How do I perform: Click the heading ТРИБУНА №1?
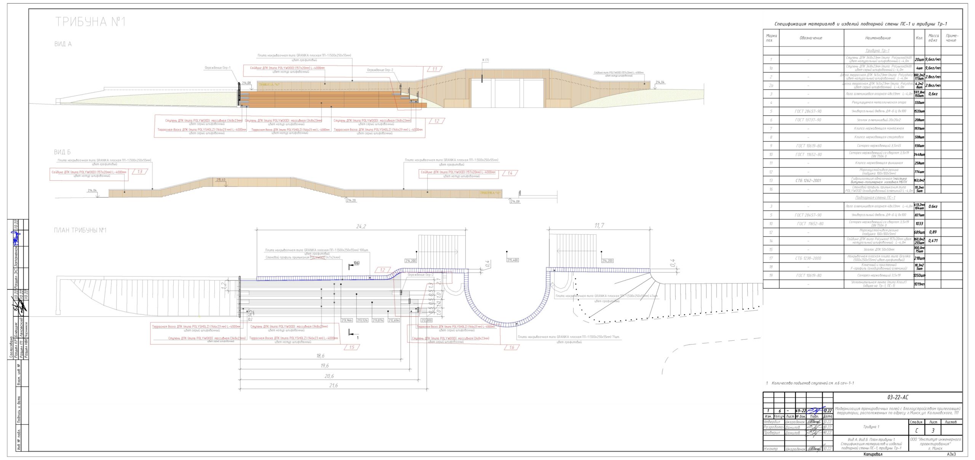click(x=90, y=22)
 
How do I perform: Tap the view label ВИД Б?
click(x=62, y=152)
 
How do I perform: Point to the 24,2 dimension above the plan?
click(x=361, y=226)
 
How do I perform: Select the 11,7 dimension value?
click(x=599, y=226)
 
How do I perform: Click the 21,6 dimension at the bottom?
click(x=333, y=385)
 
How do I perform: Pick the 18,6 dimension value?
click(x=320, y=356)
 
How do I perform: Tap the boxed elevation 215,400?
click(x=513, y=260)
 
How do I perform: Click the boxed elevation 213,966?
click(x=347, y=321)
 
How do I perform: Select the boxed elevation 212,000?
click(x=427, y=321)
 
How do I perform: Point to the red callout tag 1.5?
click(x=352, y=347)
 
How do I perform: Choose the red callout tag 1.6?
click(x=511, y=347)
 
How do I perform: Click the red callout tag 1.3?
click(x=139, y=172)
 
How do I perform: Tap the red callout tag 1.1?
click(x=435, y=69)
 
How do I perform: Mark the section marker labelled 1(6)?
click(x=356, y=263)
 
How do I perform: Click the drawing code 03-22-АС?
click(x=898, y=397)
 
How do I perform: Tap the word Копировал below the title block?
click(x=873, y=454)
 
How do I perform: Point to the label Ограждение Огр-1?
click(x=217, y=68)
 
